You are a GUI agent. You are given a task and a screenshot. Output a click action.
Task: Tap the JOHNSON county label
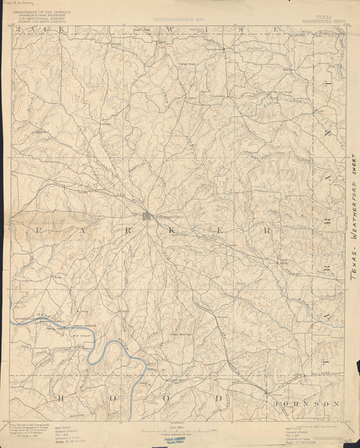click(307, 403)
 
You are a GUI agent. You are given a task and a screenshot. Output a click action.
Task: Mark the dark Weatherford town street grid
click(147, 215)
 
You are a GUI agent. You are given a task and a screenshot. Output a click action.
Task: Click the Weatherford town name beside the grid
click(164, 217)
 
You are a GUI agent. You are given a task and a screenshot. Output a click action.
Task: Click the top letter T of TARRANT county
click(328, 85)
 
